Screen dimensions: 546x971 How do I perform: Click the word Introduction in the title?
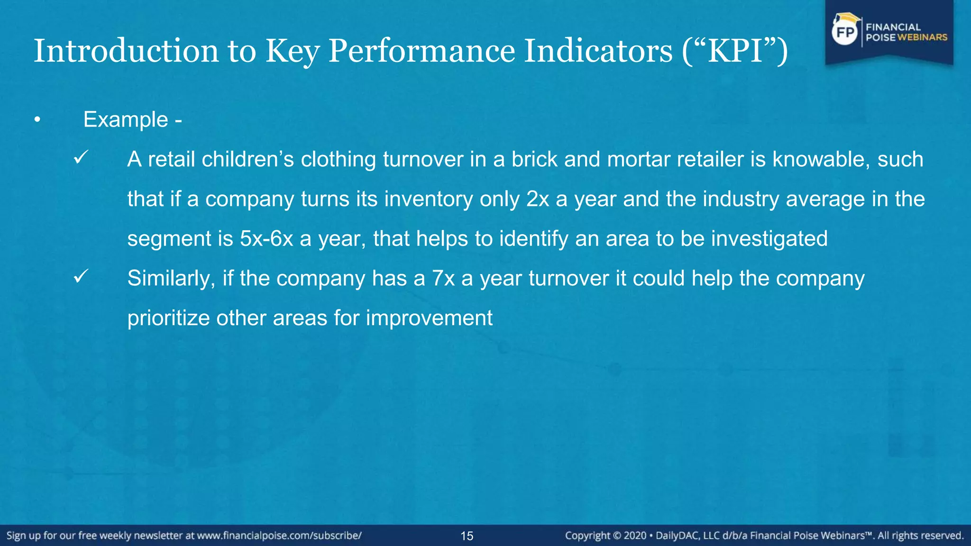click(x=126, y=51)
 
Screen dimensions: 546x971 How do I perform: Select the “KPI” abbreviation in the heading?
click(x=734, y=51)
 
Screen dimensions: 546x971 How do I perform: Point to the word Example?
click(x=126, y=119)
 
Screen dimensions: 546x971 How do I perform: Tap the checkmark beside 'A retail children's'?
click(x=81, y=157)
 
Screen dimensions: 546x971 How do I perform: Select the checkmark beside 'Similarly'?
click(x=81, y=276)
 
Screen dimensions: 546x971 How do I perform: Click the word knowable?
click(x=821, y=159)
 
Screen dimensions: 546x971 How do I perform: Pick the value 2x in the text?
click(x=538, y=199)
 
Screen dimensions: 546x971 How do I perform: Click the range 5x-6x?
click(x=266, y=238)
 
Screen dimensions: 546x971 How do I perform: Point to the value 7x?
click(x=443, y=278)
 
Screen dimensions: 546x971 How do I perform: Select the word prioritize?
click(x=168, y=318)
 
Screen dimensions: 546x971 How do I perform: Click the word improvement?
click(x=429, y=318)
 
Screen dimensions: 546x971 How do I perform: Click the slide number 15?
click(x=467, y=536)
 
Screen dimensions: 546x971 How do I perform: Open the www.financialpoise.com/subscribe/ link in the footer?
click(x=279, y=536)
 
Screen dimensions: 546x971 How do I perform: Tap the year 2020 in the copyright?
click(x=635, y=536)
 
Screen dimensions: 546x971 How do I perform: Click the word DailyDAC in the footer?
click(x=677, y=536)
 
